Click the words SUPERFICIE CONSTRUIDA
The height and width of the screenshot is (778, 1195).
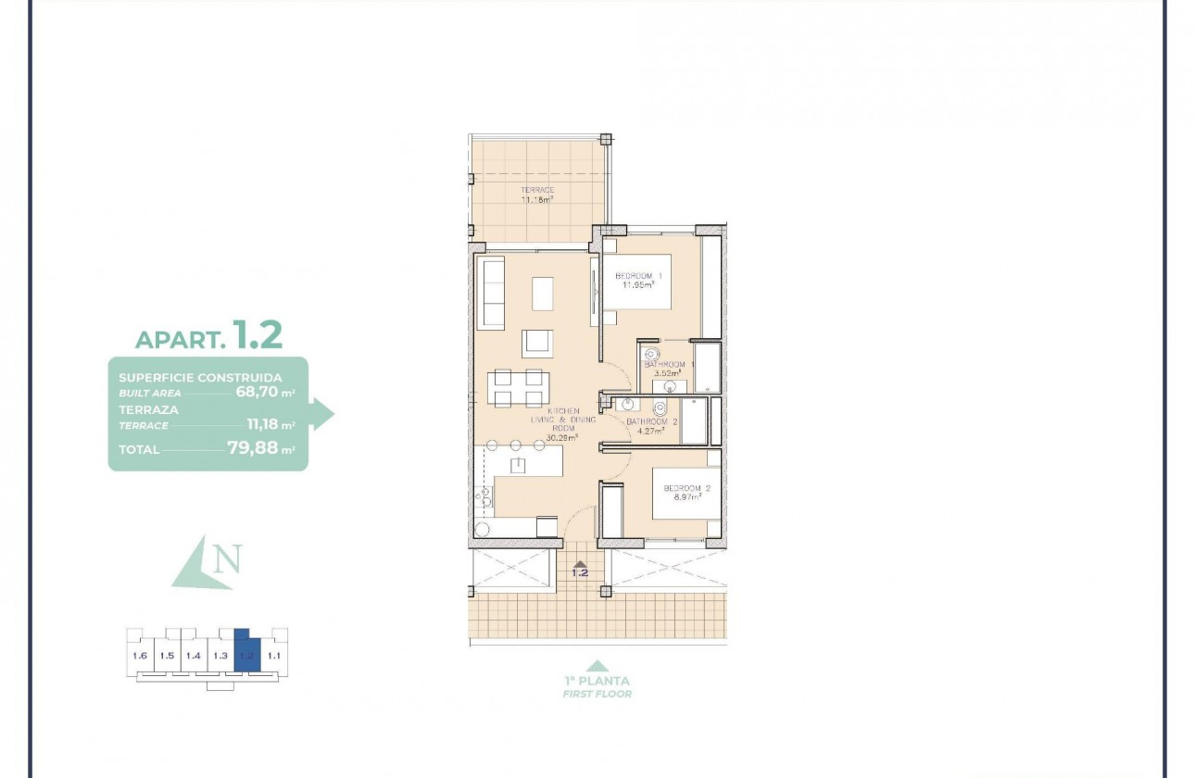pos(200,378)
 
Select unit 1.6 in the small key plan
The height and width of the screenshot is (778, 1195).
pos(140,656)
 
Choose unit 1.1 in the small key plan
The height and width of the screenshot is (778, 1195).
pos(273,656)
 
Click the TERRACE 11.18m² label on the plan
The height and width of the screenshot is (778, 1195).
pos(536,194)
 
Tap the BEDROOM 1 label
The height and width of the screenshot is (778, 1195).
pos(639,277)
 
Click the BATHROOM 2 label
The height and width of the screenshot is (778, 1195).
pos(651,421)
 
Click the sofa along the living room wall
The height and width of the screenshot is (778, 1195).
pos(491,293)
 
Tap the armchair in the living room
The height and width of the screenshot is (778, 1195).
pos(537,343)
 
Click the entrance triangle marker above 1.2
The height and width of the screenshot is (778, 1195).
pos(580,562)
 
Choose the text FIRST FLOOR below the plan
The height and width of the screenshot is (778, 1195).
pos(597,694)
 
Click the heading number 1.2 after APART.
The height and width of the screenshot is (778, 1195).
pos(258,334)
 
